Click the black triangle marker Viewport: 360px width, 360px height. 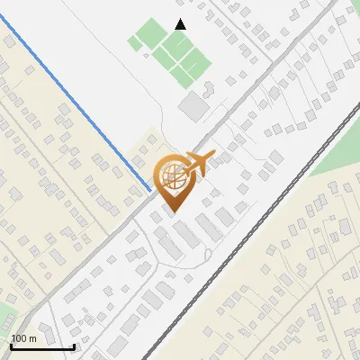[x=181, y=24]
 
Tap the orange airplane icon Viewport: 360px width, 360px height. [x=201, y=163]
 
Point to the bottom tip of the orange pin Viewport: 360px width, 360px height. [x=171, y=212]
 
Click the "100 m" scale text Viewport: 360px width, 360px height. [x=24, y=338]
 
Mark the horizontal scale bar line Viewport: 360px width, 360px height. [x=42, y=346]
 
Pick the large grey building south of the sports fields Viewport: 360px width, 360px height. [x=192, y=107]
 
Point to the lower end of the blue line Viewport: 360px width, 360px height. [x=149, y=190]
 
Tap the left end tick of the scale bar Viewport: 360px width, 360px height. [x=11, y=345]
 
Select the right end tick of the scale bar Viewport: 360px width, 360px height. [x=74, y=345]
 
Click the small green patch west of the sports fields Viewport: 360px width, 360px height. [x=137, y=41]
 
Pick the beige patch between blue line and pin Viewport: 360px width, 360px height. [x=144, y=148]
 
